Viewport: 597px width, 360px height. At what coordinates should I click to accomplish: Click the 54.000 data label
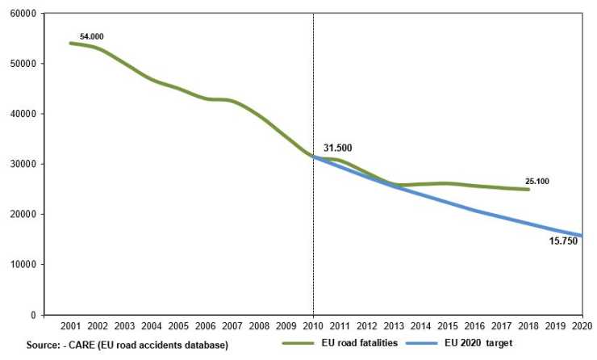coord(91,36)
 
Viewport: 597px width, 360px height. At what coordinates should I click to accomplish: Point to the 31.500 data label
coord(338,148)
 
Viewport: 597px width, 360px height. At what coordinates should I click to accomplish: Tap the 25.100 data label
coord(536,182)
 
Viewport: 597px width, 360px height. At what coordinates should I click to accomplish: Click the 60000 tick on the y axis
coord(23,14)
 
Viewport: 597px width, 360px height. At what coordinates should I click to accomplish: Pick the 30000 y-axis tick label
coord(23,164)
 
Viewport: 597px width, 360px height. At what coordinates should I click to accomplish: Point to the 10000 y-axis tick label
coord(23,265)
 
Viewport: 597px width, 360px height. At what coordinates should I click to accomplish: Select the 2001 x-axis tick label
coord(71,327)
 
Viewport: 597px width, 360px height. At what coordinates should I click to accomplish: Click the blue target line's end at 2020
coord(580,236)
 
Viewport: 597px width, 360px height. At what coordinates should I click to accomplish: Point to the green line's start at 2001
coord(71,43)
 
